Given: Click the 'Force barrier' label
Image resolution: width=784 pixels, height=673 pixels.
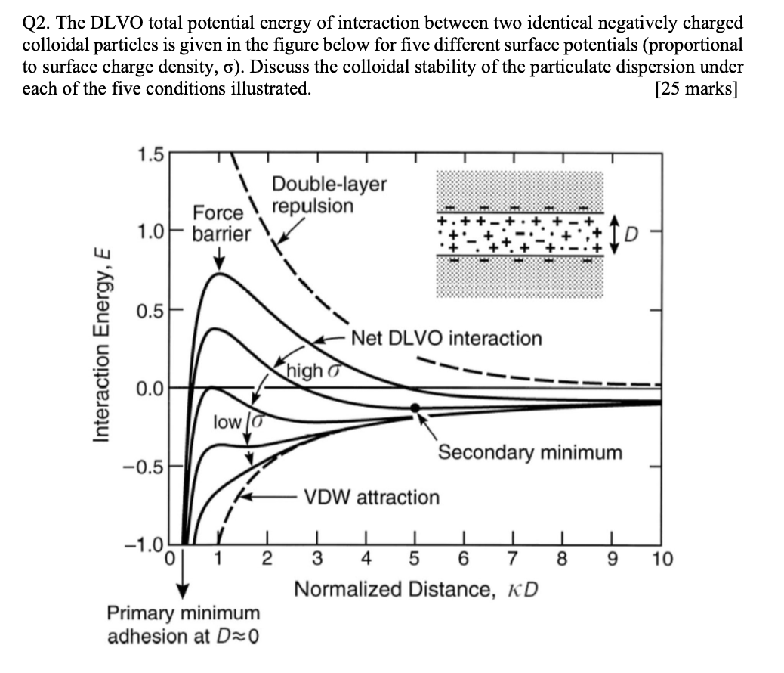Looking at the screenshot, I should point(220,223).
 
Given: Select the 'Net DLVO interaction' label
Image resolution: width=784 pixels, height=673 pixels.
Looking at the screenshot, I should point(446,338).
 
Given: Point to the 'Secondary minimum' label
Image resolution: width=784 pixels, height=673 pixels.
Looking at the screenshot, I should point(530,453).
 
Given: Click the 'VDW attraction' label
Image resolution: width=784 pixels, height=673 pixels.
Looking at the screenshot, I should point(371,498).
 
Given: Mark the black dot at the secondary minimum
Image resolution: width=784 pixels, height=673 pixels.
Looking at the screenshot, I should point(415,408).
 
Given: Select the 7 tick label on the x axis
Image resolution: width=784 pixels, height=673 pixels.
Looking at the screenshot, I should point(512,560).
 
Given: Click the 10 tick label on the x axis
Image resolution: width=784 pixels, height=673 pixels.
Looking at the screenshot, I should point(660,560).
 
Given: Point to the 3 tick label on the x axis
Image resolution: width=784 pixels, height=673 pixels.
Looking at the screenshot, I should point(318,560).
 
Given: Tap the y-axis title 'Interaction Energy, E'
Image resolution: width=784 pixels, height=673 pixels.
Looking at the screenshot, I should point(103,343).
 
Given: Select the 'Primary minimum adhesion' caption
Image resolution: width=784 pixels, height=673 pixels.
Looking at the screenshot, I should point(184,624).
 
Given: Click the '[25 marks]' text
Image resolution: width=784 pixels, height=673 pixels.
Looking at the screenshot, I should point(697,88).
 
